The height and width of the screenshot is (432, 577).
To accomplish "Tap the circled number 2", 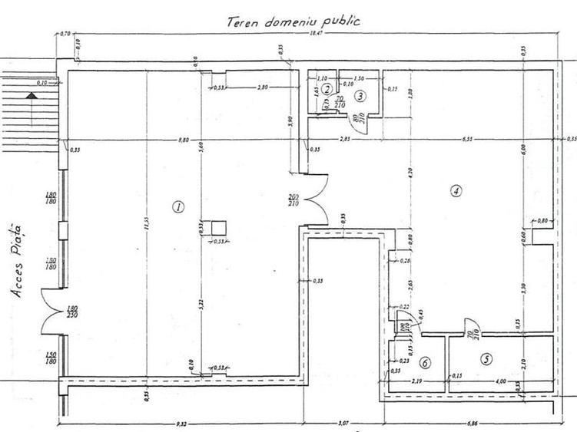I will point(327,90).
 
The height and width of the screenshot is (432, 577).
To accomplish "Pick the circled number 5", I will point(486,357).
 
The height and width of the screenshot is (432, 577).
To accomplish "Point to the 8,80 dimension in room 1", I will point(181,140).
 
